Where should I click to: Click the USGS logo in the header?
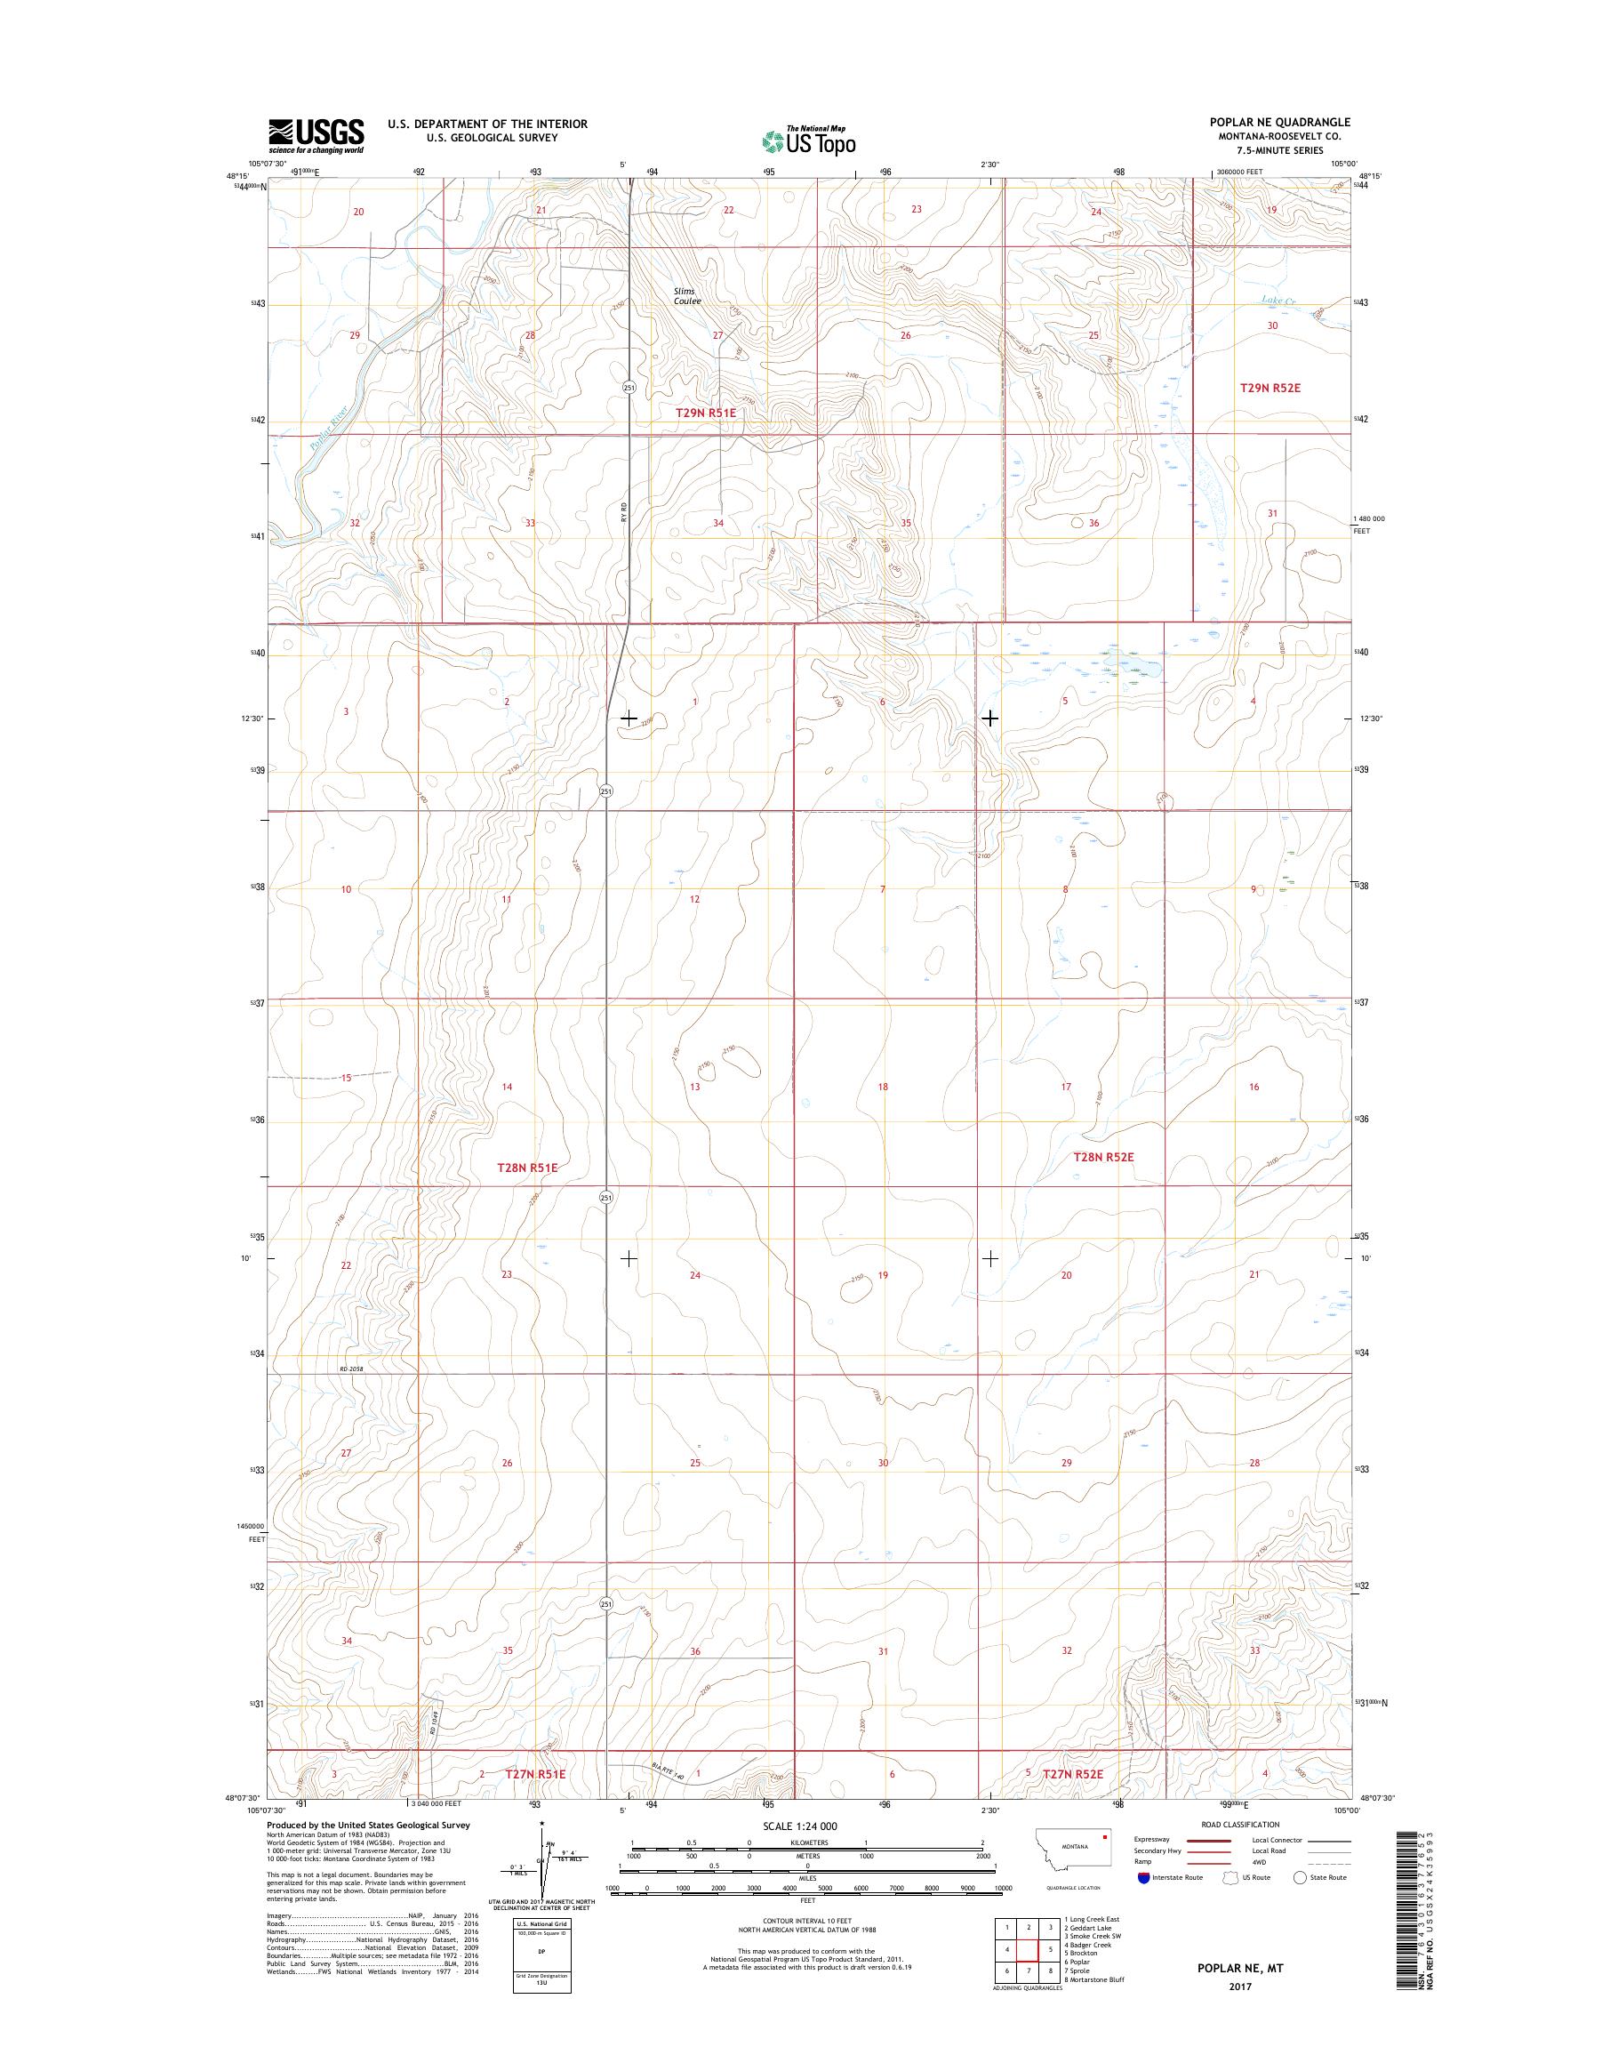[x=316, y=136]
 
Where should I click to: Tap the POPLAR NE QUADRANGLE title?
[x=1285, y=122]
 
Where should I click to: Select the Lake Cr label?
[x=1278, y=301]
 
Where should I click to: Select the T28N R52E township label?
[x=1103, y=1157]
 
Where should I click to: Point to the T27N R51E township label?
[x=535, y=1774]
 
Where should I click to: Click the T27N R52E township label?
[x=1073, y=1773]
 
